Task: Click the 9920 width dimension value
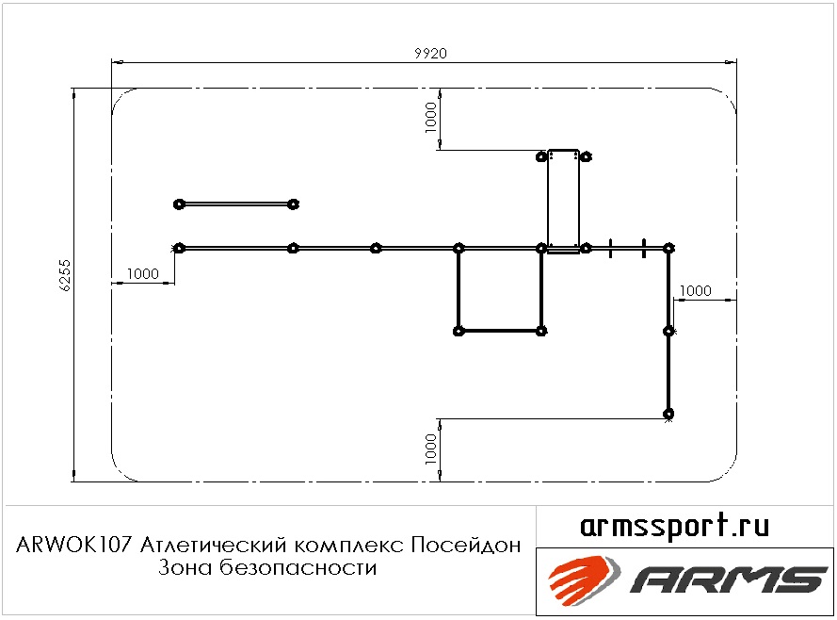click(430, 54)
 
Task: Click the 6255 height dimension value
click(65, 275)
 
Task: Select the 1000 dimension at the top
click(431, 118)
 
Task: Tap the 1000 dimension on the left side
click(143, 274)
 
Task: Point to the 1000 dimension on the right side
click(696, 290)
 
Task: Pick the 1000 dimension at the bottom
click(431, 449)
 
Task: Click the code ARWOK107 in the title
click(73, 546)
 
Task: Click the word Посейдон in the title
click(465, 546)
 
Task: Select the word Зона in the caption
click(186, 567)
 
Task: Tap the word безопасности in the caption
click(298, 567)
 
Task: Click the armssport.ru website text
click(674, 526)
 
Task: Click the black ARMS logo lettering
click(729, 579)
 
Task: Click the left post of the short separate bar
click(179, 204)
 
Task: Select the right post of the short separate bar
click(293, 204)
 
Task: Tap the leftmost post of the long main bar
click(179, 248)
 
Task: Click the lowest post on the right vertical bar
click(668, 414)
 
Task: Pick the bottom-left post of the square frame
click(458, 331)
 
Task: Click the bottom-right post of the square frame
click(541, 331)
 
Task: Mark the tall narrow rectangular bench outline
click(548, 202)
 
